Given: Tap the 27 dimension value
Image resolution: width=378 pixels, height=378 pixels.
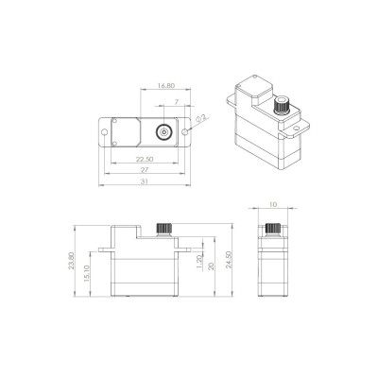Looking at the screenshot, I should (146, 170).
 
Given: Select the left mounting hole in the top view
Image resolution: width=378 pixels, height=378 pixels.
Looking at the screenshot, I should (105, 132).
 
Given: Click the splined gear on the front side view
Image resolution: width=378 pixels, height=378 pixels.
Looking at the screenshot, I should (161, 227).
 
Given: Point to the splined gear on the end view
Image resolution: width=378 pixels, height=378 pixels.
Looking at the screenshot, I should (274, 228).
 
